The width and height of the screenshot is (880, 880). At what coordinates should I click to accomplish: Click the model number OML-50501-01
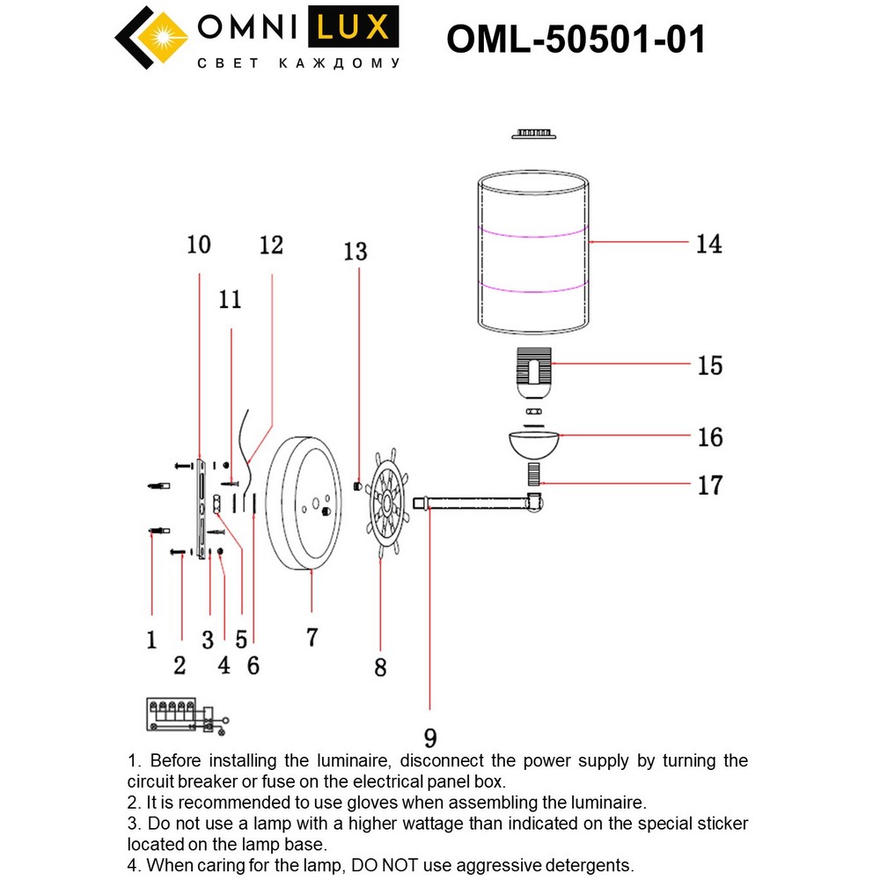576,40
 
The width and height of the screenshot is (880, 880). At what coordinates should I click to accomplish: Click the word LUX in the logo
351,28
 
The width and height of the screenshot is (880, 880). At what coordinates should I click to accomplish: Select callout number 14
708,244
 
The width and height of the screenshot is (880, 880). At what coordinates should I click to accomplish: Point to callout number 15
708,365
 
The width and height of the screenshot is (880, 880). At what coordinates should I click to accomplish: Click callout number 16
709,436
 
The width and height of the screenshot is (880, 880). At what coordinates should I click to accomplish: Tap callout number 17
708,484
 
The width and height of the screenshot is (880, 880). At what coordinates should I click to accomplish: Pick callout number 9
429,737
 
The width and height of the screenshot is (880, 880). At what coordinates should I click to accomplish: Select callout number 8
380,668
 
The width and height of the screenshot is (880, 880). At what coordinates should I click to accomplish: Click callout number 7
312,637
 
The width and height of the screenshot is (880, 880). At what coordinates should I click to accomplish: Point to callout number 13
356,253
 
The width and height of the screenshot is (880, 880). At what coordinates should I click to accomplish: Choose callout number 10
199,244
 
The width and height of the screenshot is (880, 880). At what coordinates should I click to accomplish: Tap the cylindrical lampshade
533,255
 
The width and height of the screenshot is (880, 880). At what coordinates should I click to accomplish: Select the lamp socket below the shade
533,369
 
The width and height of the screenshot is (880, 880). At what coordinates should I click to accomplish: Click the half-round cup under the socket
533,442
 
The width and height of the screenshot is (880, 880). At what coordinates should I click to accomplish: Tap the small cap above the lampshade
532,134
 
